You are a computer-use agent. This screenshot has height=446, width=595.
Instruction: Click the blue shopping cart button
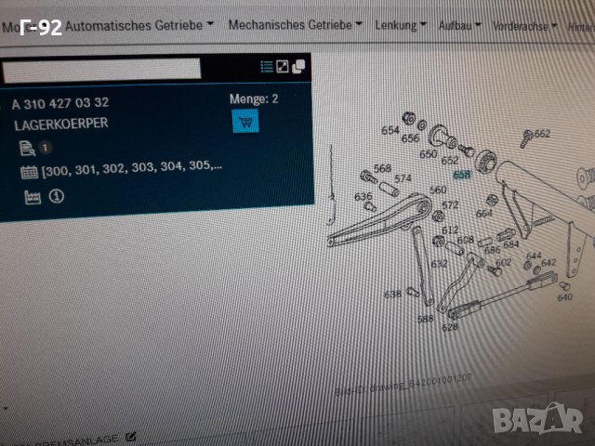tap(245, 120)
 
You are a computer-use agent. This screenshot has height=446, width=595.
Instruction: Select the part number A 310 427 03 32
tap(60, 102)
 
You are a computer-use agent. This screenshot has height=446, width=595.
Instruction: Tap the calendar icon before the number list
tap(28, 172)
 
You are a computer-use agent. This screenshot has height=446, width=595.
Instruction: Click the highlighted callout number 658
tap(462, 174)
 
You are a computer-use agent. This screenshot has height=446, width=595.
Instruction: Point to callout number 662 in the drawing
tap(542, 134)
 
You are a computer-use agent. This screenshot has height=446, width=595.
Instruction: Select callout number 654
tap(390, 130)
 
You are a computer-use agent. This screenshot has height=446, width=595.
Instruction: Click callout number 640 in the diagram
tap(564, 298)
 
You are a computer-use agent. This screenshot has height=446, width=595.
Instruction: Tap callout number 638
tap(392, 295)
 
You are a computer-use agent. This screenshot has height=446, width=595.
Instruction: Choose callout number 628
tap(450, 327)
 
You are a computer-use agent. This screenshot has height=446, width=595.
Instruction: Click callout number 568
tap(382, 168)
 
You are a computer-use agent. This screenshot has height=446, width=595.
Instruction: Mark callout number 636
tap(363, 196)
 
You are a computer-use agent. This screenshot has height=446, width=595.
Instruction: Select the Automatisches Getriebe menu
tap(140, 24)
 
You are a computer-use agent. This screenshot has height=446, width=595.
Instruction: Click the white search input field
tap(100, 69)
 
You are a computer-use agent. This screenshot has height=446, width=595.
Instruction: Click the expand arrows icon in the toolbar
tap(283, 67)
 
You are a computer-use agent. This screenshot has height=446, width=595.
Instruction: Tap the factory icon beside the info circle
tap(33, 197)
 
